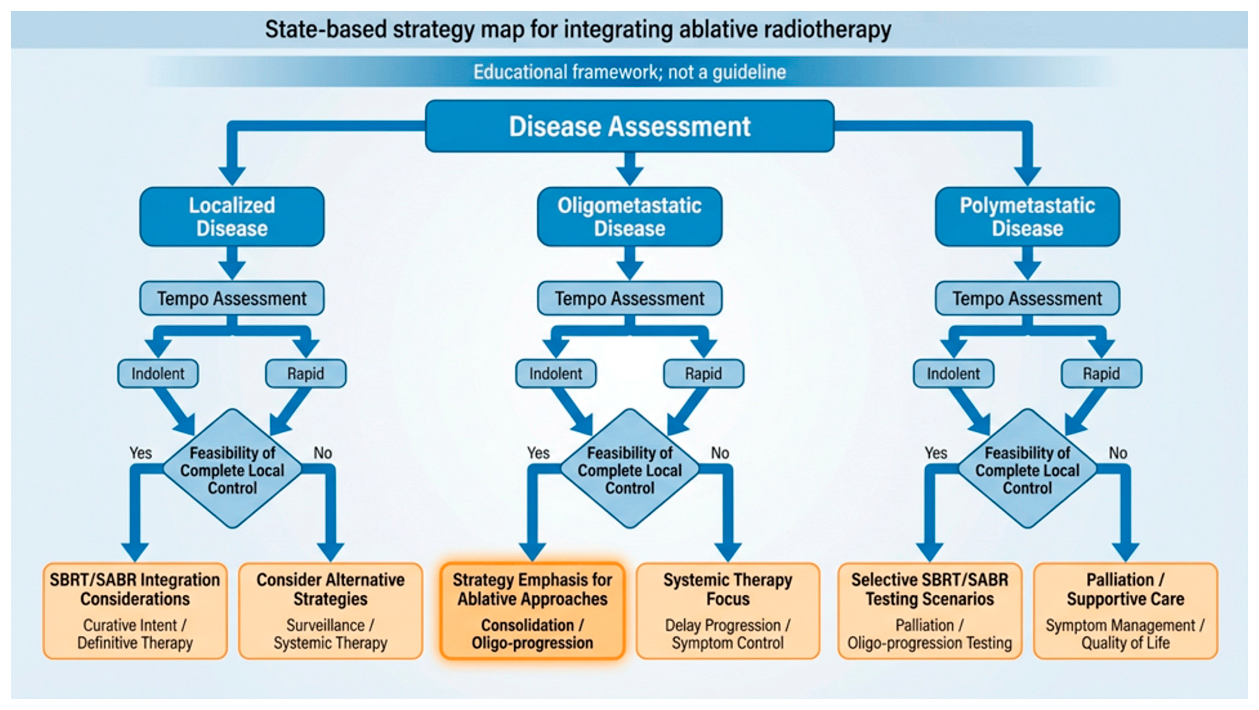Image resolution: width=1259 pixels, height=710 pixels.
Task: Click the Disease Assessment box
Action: coord(629,126)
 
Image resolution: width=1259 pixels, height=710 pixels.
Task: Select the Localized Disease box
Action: coord(232,216)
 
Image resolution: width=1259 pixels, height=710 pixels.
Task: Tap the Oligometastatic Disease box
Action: coord(629,216)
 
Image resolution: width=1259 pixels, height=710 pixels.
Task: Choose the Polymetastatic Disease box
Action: coord(1027,216)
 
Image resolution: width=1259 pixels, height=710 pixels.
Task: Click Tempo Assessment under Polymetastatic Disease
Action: coord(1027,298)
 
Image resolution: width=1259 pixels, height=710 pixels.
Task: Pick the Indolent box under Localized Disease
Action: coord(158,374)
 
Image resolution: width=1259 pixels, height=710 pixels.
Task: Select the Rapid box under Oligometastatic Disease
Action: coord(703,374)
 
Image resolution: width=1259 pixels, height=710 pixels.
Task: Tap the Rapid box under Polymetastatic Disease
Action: coord(1101,374)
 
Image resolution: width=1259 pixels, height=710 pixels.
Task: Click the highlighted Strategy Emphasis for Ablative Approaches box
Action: coord(532,611)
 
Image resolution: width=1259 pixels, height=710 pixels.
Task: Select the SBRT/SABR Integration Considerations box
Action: coord(135,611)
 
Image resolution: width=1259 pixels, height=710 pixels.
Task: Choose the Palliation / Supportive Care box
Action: coord(1125,611)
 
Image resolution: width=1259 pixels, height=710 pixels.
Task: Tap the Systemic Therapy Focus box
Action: coord(728,611)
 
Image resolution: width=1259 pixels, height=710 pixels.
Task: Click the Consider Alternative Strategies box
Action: coord(331,611)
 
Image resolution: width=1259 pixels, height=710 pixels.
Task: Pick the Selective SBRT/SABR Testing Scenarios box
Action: coord(930,611)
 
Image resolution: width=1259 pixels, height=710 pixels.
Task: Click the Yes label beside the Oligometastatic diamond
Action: coord(538,453)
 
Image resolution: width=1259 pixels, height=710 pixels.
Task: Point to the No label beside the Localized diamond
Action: coord(323,453)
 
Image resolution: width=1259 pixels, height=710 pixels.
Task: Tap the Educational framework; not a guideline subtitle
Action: coord(629,72)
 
